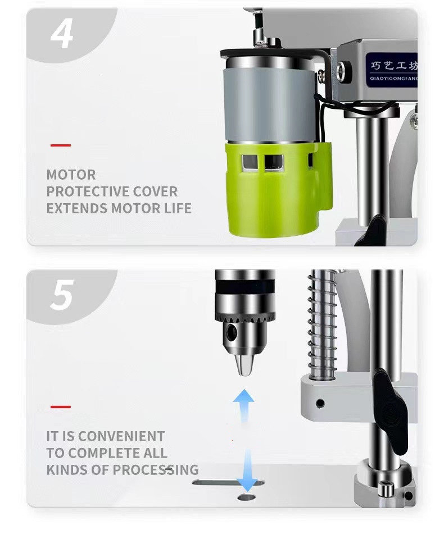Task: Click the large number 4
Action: (62, 34)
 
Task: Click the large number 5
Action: (62, 295)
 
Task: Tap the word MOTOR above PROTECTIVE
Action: (71, 175)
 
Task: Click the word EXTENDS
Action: (77, 208)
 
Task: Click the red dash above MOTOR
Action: (61, 145)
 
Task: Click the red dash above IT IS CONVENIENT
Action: (61, 406)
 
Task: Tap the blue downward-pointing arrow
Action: (247, 471)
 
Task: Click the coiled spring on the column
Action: (321, 325)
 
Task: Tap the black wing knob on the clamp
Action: (390, 411)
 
